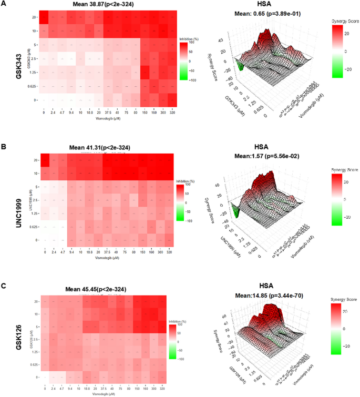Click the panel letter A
pos(4,4)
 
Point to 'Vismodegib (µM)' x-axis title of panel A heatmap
pos(110,119)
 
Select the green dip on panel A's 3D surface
pos(240,66)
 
